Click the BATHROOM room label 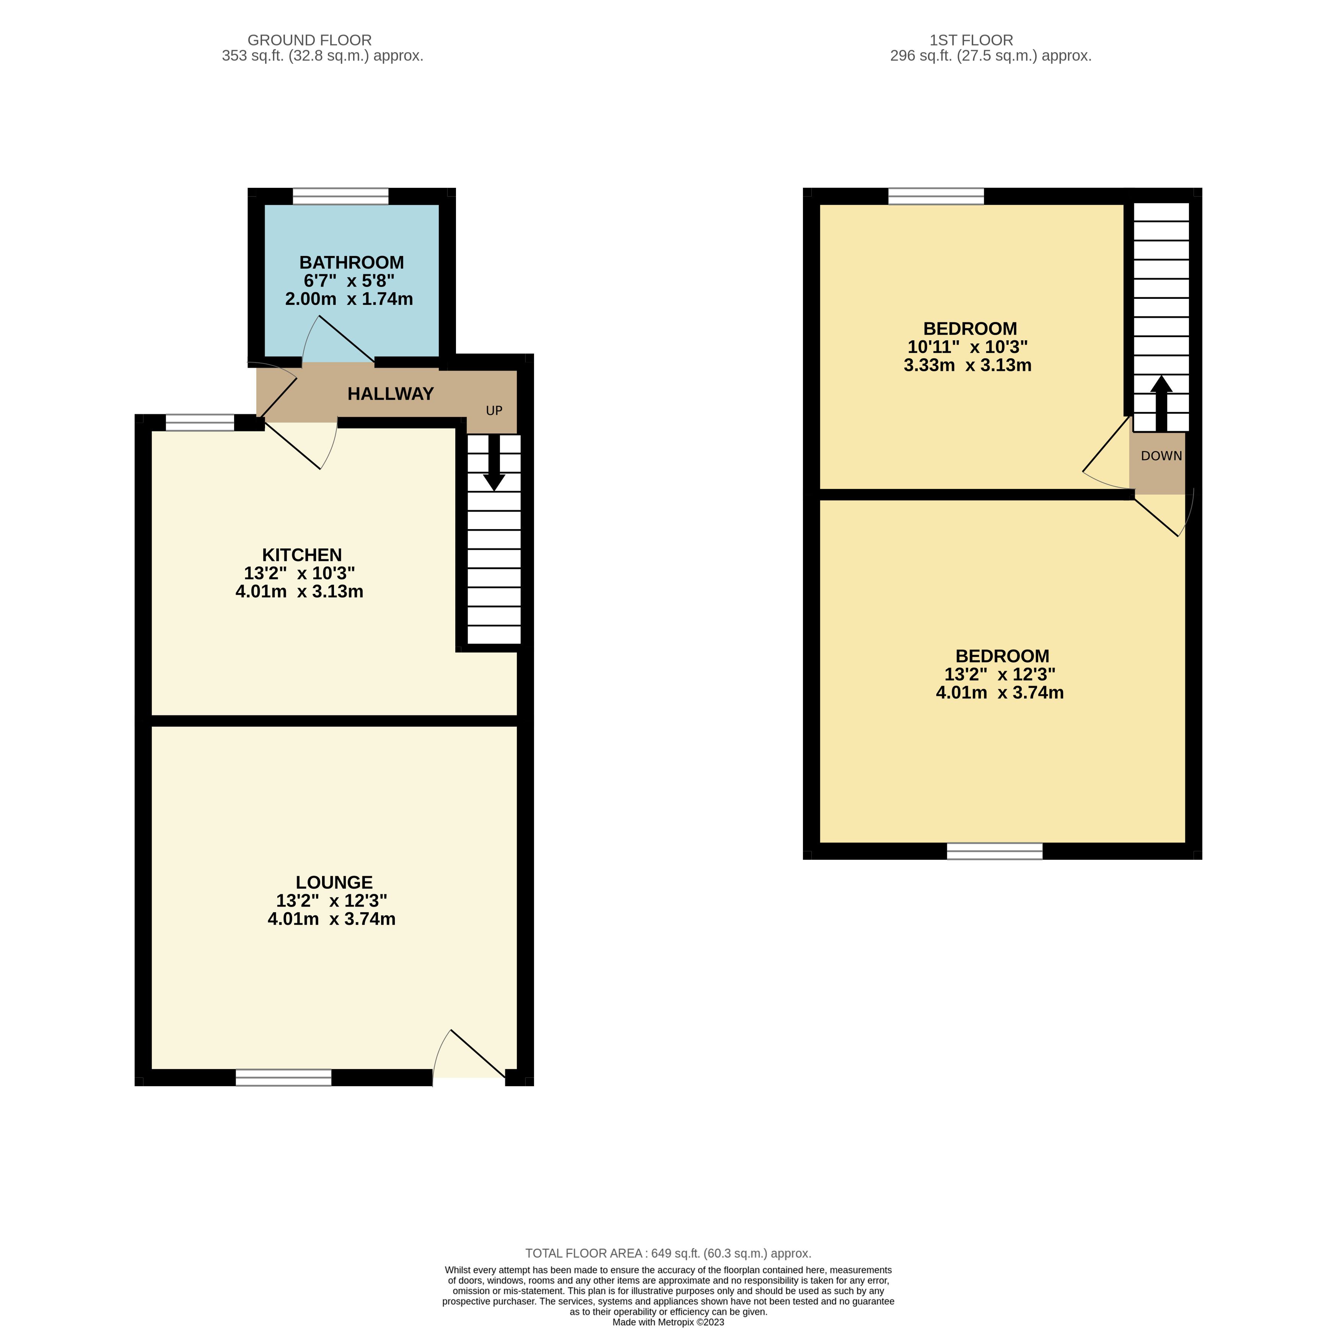[352, 262]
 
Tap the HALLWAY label [390, 394]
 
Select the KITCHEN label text [302, 555]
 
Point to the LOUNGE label [334, 882]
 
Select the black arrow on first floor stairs [1161, 404]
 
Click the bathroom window [340, 197]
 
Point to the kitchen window [200, 422]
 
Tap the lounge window [284, 1077]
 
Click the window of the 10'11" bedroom [936, 197]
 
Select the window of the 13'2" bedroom [995, 851]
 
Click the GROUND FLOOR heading [309, 40]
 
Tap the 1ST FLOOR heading [972, 40]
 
